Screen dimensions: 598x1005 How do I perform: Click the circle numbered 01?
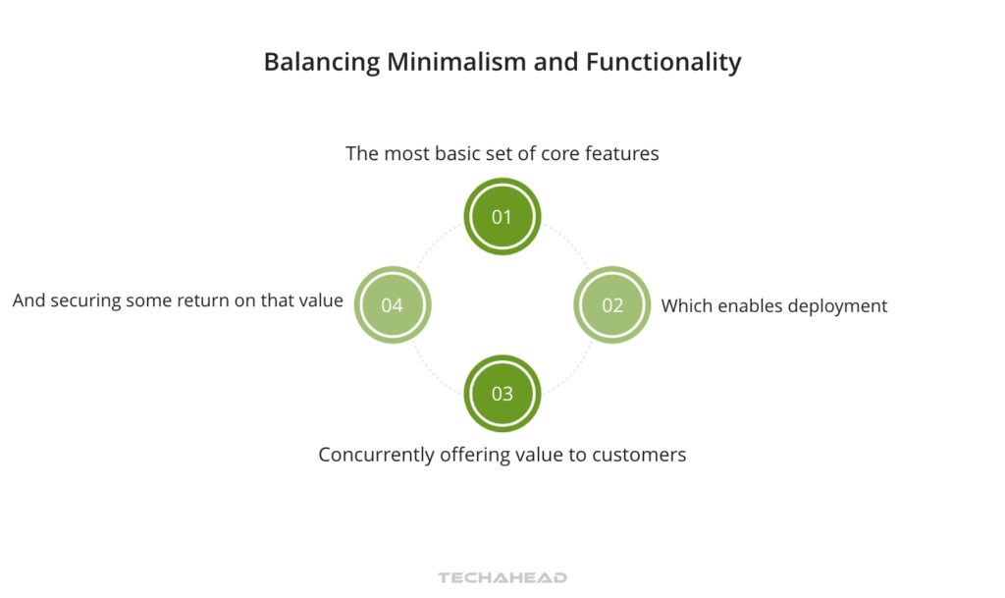click(502, 216)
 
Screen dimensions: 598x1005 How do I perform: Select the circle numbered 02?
click(611, 304)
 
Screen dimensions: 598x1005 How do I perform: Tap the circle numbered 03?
click(502, 394)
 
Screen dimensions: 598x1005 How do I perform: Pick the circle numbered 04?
click(392, 304)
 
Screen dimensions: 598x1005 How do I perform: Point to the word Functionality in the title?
click(663, 63)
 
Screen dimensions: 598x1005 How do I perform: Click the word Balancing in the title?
click(321, 63)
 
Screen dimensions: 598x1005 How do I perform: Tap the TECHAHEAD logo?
click(502, 578)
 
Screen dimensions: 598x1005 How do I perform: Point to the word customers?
click(637, 456)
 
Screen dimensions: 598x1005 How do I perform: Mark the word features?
click(623, 154)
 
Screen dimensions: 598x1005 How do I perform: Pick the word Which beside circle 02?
click(685, 306)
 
